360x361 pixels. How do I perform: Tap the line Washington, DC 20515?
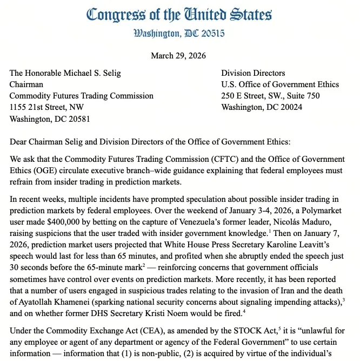179,34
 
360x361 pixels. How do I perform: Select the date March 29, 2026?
179,56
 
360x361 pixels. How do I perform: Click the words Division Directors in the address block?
253,73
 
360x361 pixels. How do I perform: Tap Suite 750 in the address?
301,96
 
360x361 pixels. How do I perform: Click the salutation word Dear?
19,142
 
